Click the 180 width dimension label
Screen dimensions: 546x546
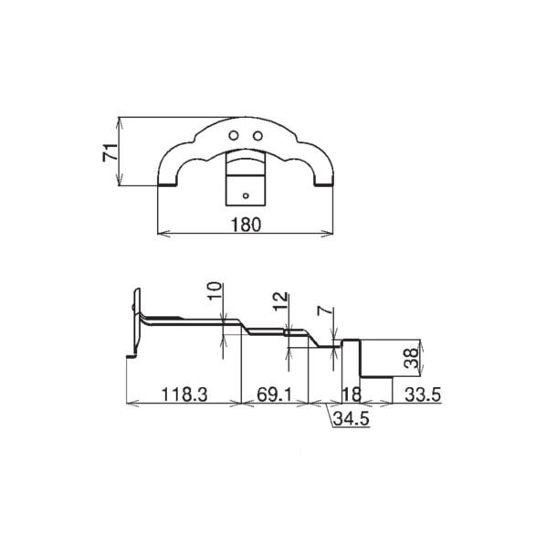246,225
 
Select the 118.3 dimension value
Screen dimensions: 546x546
184,394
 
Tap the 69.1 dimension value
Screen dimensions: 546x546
274,394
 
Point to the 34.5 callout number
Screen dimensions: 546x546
352,418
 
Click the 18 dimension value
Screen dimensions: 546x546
352,394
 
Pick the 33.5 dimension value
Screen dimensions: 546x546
423,394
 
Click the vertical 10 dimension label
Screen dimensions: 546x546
215,291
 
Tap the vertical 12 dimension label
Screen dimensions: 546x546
280,301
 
